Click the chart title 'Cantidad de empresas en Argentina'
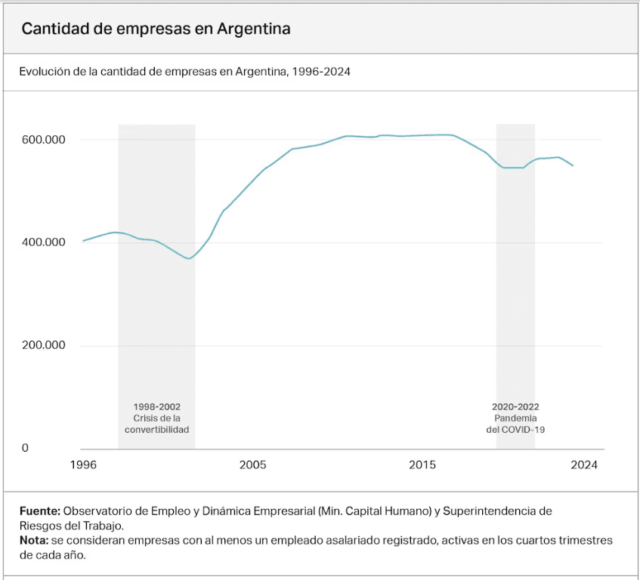(x=156, y=29)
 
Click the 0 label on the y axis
(x=25, y=448)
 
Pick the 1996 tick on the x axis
(x=83, y=464)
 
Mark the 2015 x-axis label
(x=422, y=464)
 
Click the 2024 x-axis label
(x=584, y=464)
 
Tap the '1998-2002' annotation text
(x=156, y=406)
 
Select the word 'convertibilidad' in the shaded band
(x=156, y=429)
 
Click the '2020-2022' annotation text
(x=515, y=406)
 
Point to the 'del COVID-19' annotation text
(x=515, y=429)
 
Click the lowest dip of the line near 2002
(x=189, y=259)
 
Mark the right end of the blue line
(x=573, y=165)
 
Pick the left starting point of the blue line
(x=83, y=241)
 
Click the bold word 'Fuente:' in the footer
(x=39, y=511)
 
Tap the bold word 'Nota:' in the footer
(x=33, y=541)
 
